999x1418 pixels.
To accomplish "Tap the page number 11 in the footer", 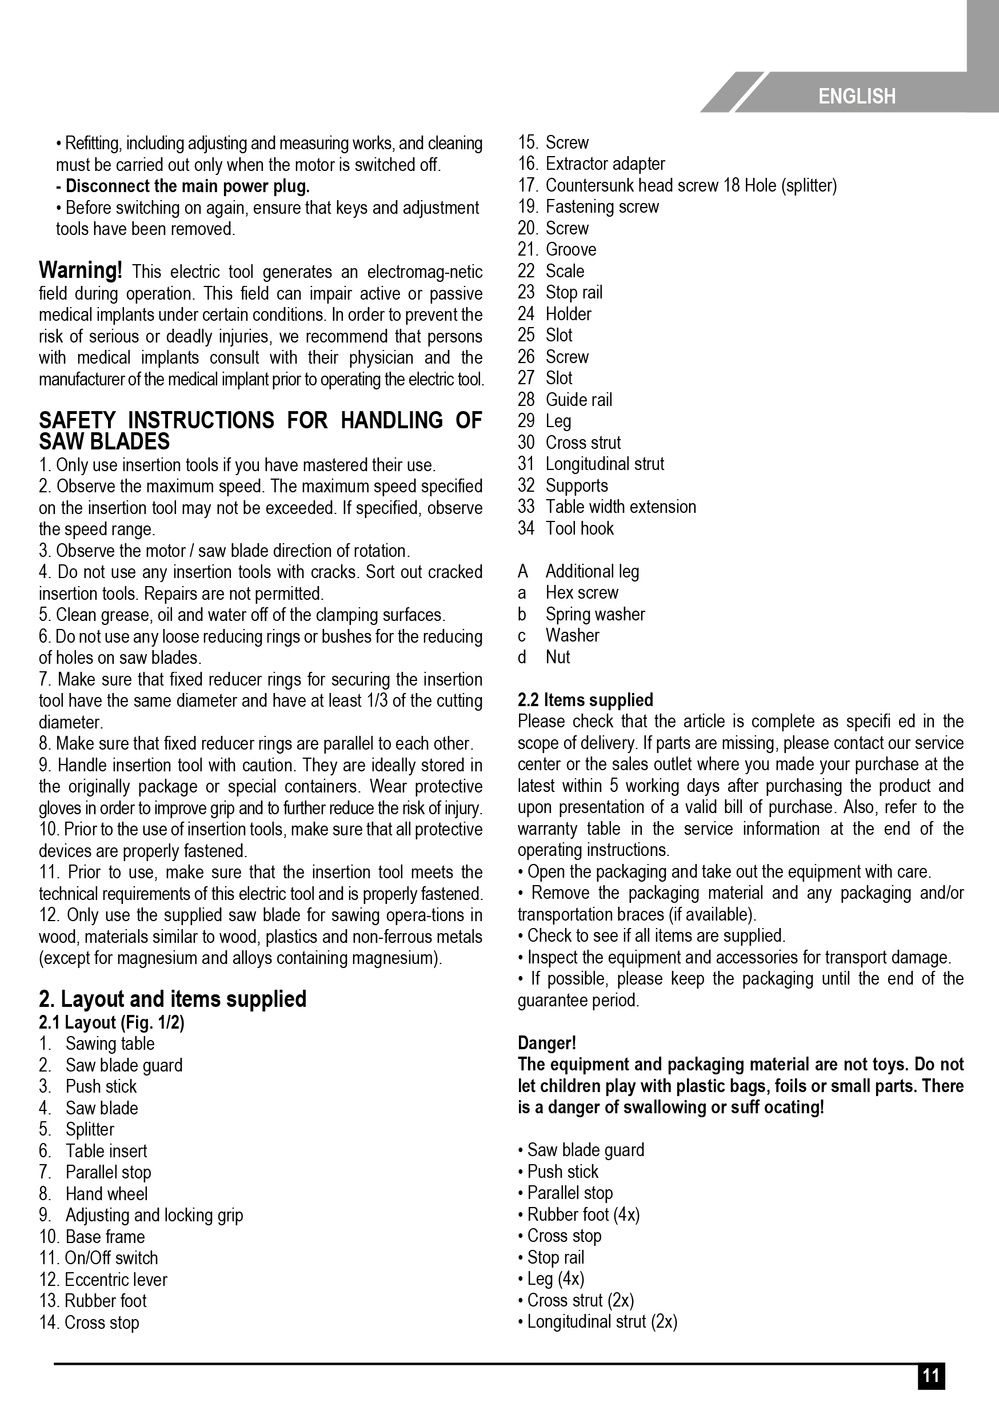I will point(930,1393).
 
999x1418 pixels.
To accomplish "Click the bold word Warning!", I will point(81,270).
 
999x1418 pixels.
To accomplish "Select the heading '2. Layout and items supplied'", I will point(172,999).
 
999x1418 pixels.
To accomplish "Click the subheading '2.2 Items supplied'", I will point(585,700).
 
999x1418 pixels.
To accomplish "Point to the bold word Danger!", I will point(546,1043).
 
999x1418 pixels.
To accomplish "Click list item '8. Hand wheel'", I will point(93,1193).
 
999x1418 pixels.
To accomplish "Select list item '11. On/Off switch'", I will point(99,1257).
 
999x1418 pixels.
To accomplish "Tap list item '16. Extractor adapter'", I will point(591,164).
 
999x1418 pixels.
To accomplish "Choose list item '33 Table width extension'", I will point(606,507).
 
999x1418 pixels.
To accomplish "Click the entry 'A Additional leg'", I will point(578,571).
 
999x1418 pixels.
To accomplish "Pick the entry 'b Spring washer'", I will point(581,614).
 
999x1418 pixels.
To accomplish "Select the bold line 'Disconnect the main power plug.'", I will point(183,186).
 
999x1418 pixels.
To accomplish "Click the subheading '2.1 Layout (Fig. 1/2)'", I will point(112,1023).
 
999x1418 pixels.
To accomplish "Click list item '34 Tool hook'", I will point(566,528).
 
